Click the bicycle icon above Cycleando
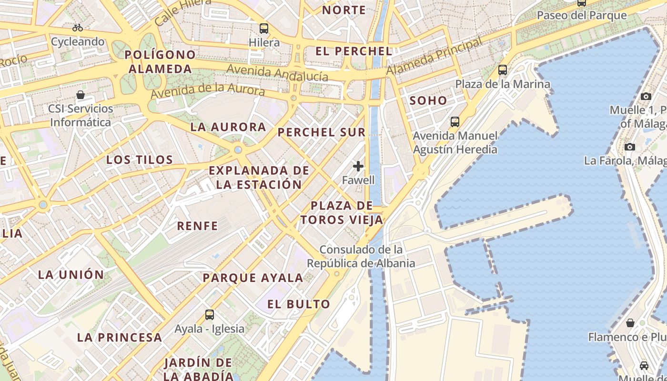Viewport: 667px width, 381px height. tap(78, 28)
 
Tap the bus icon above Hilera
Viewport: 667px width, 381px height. tap(264, 29)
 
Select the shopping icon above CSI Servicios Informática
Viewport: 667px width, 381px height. tap(81, 95)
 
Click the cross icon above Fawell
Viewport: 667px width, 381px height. tap(358, 166)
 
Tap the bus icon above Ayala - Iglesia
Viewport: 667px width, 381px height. tap(210, 315)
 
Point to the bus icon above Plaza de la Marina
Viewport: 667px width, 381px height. tap(503, 70)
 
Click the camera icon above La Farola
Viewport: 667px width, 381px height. tap(630, 147)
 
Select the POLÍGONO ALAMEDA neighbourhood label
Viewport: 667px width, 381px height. tap(160, 62)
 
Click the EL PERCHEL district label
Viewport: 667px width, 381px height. tap(354, 51)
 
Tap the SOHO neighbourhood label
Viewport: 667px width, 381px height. tap(428, 100)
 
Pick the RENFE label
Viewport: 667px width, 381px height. tap(197, 226)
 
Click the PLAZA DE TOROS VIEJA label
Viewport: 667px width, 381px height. tap(342, 213)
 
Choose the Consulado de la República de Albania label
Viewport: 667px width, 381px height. tap(361, 256)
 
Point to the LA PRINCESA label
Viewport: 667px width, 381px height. tap(120, 338)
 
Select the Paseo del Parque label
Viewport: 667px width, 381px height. tap(582, 15)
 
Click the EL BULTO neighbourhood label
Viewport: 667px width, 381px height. tap(299, 304)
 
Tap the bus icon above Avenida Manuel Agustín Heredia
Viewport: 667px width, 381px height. tap(455, 122)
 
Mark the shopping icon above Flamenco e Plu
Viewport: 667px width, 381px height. tap(630, 323)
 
